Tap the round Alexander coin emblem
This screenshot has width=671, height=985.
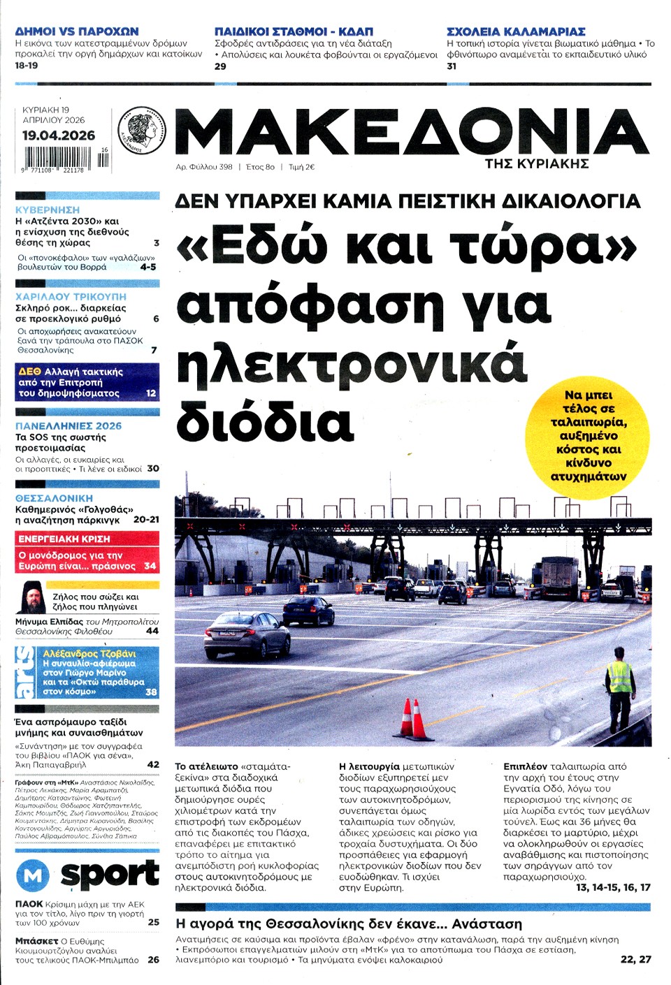[x=142, y=130]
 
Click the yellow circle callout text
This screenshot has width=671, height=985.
[x=589, y=436]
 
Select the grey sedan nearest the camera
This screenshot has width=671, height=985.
[x=237, y=634]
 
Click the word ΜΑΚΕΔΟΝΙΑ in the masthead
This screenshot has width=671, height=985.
[x=412, y=133]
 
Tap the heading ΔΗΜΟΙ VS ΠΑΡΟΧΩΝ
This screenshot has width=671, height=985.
[x=77, y=31]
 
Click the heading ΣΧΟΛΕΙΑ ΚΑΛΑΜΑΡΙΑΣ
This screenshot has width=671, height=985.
[x=516, y=31]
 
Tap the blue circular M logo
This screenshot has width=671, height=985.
[x=33, y=875]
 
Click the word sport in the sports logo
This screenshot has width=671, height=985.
[x=110, y=873]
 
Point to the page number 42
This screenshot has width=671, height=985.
[x=153, y=764]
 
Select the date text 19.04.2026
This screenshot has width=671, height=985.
[x=59, y=136]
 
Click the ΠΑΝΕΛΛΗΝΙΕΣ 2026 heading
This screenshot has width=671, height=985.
[x=68, y=425]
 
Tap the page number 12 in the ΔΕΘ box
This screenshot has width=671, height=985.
[x=151, y=393]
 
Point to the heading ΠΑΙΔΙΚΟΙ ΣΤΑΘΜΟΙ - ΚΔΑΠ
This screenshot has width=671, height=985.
[x=294, y=31]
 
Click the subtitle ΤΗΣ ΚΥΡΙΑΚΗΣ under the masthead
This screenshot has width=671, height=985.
[x=537, y=163]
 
